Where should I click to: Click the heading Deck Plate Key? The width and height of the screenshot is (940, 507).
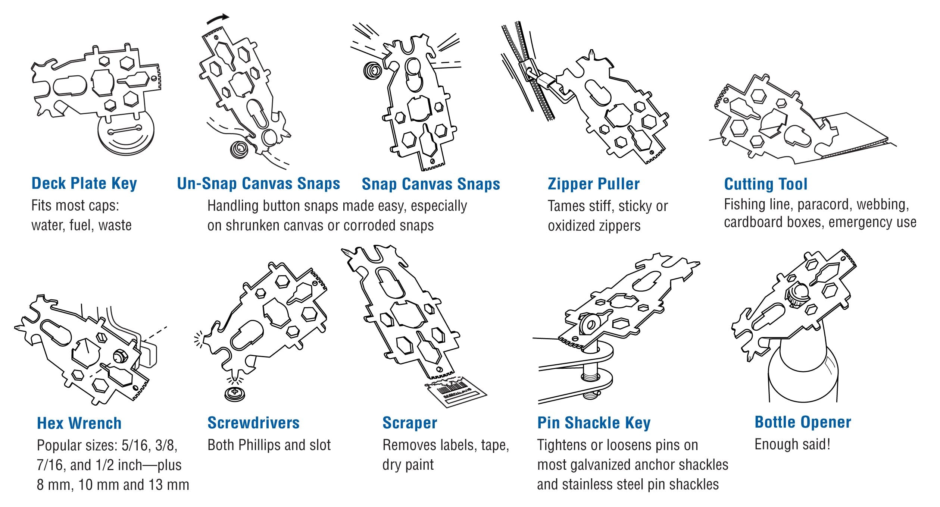[x=84, y=183]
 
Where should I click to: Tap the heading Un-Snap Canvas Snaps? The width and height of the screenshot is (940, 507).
[x=258, y=183]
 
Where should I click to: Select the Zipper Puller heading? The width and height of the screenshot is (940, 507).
[x=593, y=184]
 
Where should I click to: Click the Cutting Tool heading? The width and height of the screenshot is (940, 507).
[x=765, y=184]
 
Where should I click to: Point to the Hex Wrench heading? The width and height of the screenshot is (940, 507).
[x=79, y=423]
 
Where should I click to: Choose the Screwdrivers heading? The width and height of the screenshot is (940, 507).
[x=253, y=422]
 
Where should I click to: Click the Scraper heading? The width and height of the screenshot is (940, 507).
[x=409, y=422]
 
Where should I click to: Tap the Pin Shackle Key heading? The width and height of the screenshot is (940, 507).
[x=594, y=422]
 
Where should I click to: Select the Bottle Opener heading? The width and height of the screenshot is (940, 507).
[x=803, y=422]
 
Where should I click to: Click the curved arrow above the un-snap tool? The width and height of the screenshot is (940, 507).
[x=218, y=19]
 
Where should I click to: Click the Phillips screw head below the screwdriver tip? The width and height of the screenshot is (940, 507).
[x=235, y=393]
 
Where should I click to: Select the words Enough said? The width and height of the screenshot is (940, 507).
[x=792, y=444]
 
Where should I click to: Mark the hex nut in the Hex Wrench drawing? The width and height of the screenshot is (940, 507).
[x=121, y=356]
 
